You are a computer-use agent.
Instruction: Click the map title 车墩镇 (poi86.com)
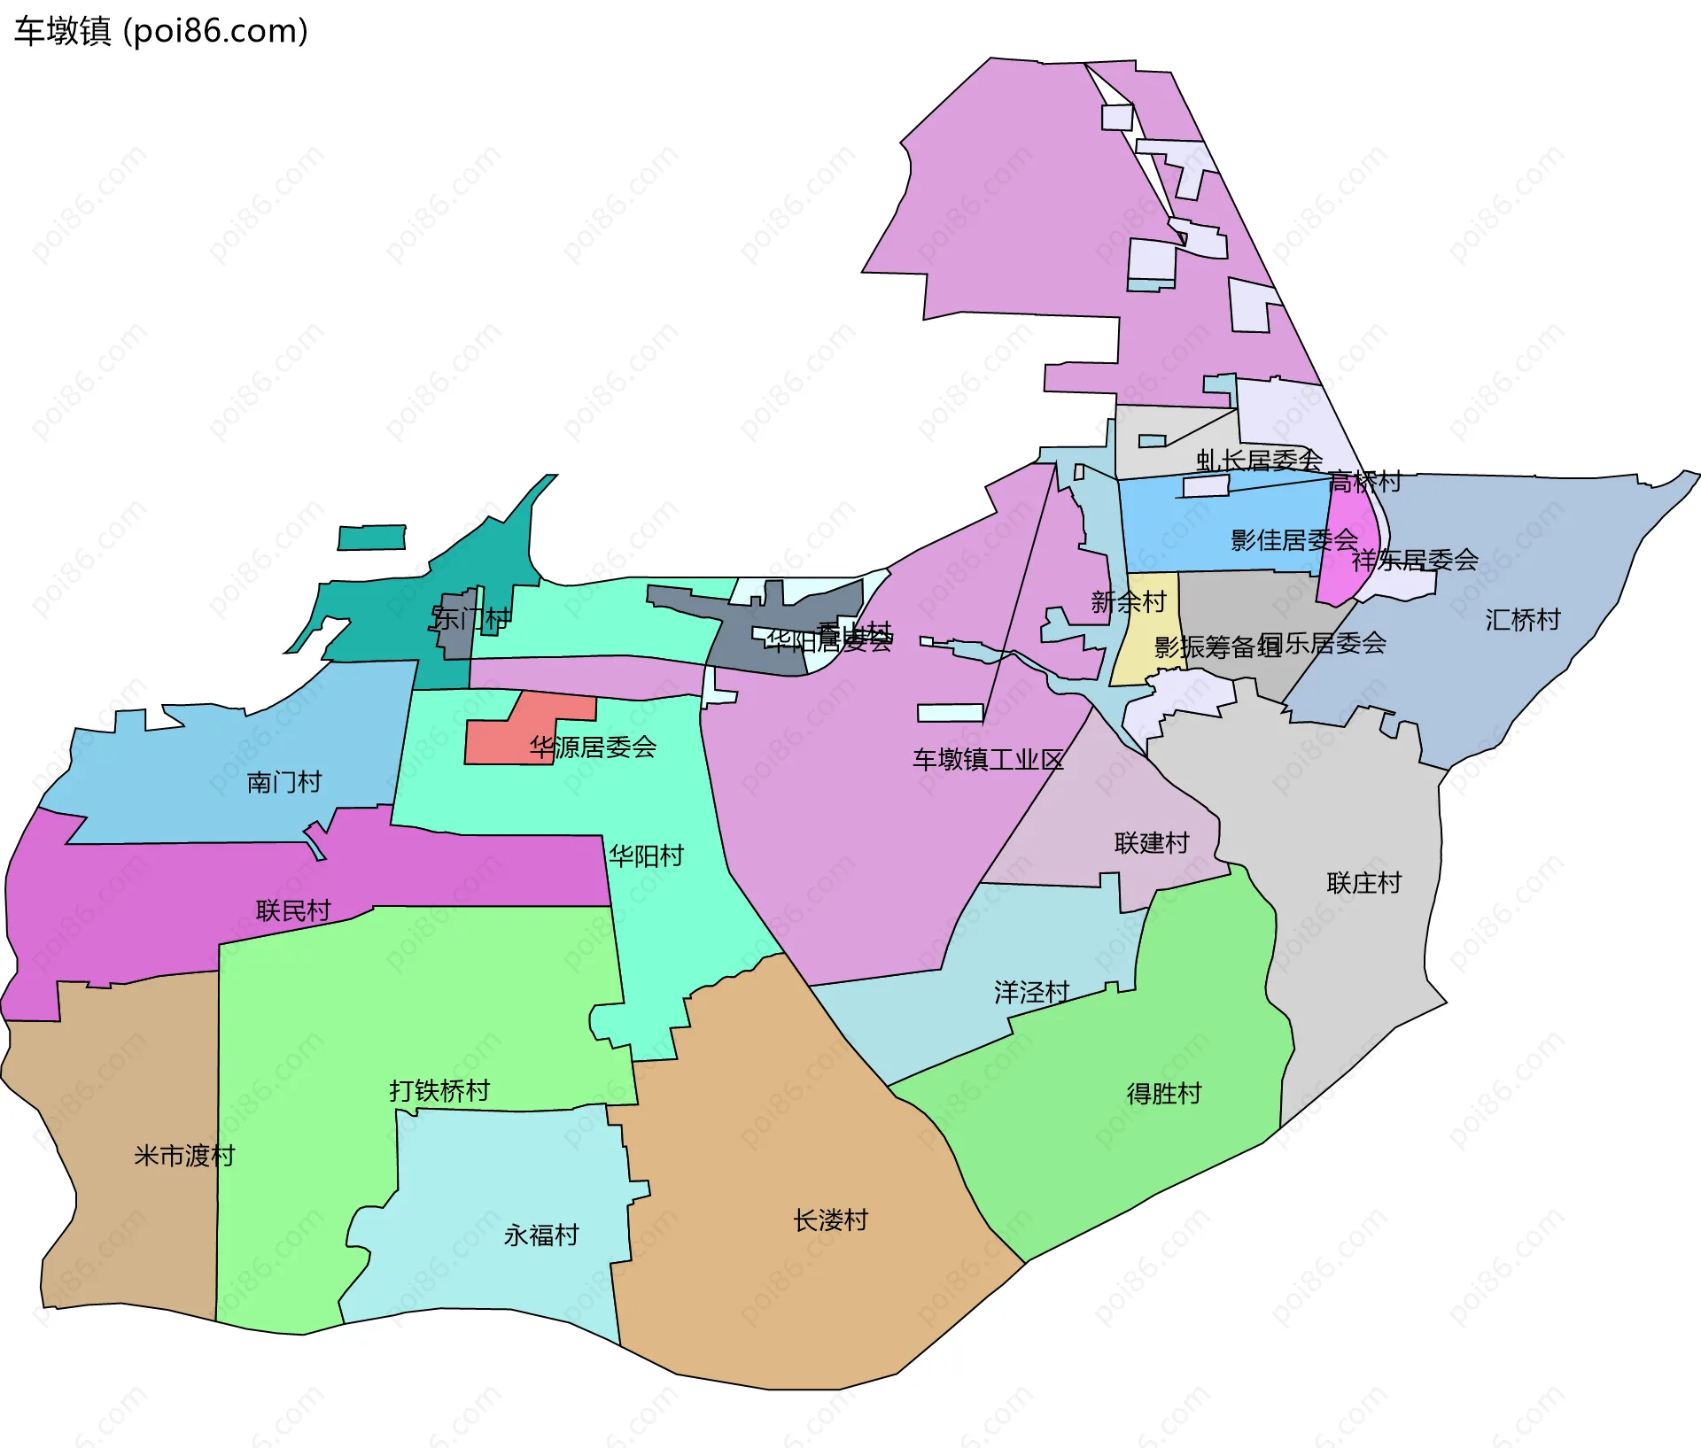point(160,31)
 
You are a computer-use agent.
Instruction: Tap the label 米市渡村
point(184,1156)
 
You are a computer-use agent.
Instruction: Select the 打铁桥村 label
point(439,1090)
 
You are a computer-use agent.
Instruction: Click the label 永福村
point(541,1235)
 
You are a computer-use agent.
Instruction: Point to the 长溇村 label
point(830,1220)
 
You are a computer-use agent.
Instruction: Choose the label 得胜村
point(1163,1094)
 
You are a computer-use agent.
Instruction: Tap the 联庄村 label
point(1363,883)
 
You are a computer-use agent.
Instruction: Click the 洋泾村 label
point(1031,992)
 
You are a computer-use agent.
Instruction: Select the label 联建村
point(1151,842)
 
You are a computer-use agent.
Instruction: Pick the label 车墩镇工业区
point(988,759)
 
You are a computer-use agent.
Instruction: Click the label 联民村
point(293,910)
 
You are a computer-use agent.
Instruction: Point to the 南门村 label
point(283,782)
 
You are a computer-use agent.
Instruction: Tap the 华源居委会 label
point(593,747)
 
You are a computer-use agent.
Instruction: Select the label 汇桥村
point(1522,619)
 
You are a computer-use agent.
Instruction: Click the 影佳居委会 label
point(1293,539)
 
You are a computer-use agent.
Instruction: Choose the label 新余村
point(1128,602)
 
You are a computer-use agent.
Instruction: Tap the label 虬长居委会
point(1259,460)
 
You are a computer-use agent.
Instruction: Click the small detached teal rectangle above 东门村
point(372,538)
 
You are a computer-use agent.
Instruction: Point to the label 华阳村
point(646,856)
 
